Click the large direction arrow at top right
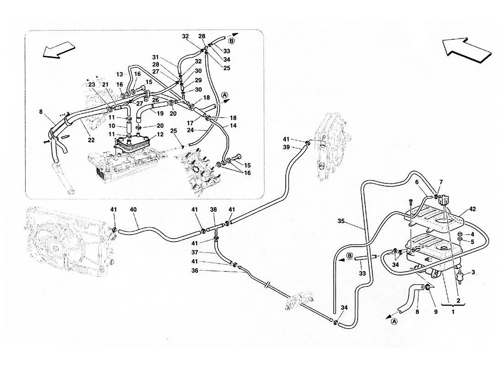pyautogui.click(x=466, y=49)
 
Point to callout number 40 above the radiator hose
pyautogui.click(x=133, y=210)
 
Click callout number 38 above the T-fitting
pyautogui.click(x=213, y=210)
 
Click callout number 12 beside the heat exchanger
pyautogui.click(x=160, y=135)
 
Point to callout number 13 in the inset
pyautogui.click(x=120, y=74)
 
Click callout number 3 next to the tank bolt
pyautogui.click(x=473, y=273)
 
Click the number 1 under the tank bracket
pyautogui.click(x=453, y=312)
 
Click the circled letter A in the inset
pyautogui.click(x=224, y=95)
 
